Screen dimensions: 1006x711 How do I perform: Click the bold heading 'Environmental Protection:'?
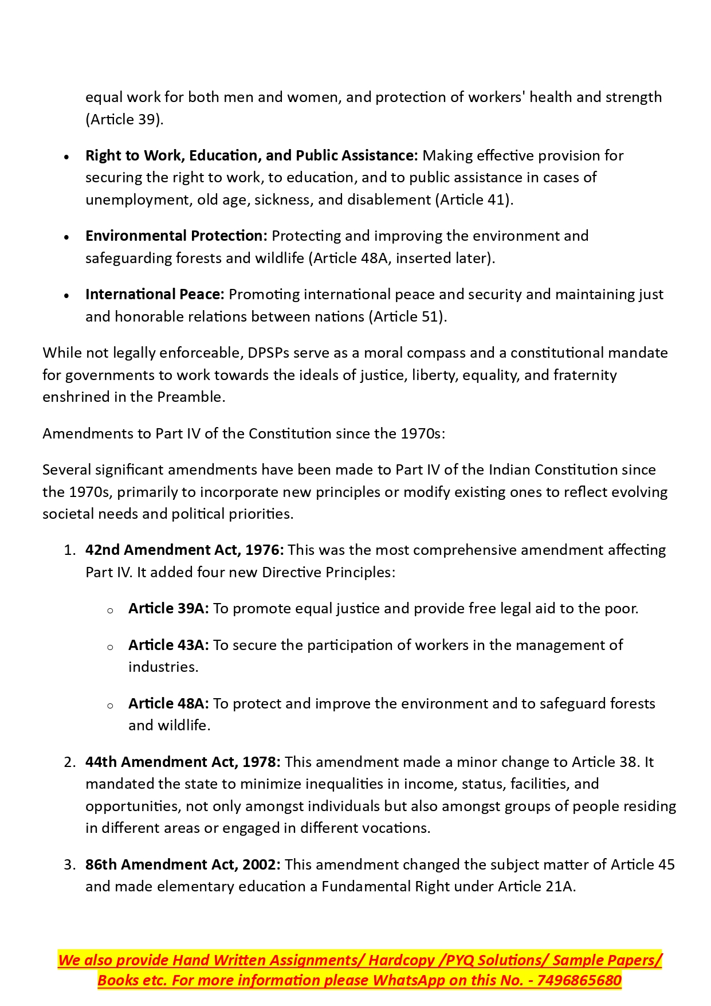tap(176, 236)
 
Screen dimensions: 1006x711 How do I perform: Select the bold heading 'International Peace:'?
tap(155, 294)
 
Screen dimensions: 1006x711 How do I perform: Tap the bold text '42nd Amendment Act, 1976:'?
tap(184, 550)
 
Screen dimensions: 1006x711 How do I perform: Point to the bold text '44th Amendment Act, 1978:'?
tap(183, 762)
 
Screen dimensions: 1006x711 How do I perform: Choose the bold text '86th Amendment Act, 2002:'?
tap(183, 864)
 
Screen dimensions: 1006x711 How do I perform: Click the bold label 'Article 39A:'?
tap(168, 608)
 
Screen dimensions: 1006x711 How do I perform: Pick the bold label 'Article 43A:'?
tap(168, 645)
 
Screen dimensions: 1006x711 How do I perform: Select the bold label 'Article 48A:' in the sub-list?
tap(168, 703)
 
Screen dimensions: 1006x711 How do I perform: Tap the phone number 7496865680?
tap(579, 980)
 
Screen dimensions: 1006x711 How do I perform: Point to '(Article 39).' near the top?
tap(124, 119)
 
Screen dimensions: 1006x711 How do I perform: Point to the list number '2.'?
tap(70, 762)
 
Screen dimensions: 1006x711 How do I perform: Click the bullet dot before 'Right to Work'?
tap(67, 156)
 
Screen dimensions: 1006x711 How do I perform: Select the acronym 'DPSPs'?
tap(269, 353)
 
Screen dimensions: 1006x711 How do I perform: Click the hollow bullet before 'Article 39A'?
tap(110, 610)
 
